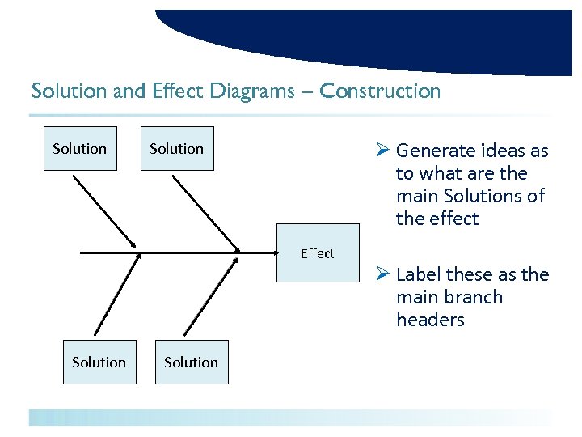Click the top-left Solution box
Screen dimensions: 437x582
pyautogui.click(x=79, y=149)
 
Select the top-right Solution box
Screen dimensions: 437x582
pyautogui.click(x=176, y=149)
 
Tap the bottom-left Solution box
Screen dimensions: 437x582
pyautogui.click(x=99, y=363)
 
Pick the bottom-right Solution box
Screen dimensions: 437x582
pyautogui.click(x=192, y=363)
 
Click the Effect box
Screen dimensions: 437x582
pyautogui.click(x=317, y=253)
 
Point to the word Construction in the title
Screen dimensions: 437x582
pyautogui.click(x=380, y=91)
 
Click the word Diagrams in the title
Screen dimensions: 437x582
pyautogui.click(x=252, y=91)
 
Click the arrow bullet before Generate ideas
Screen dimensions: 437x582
pyautogui.click(x=383, y=151)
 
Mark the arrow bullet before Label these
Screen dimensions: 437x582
pyautogui.click(x=383, y=274)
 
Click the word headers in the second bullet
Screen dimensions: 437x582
pyautogui.click(x=430, y=320)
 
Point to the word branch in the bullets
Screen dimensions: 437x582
pyautogui.click(x=473, y=297)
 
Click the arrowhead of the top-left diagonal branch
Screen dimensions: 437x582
pyautogui.click(x=133, y=245)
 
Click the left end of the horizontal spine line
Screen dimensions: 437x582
pyautogui.click(x=82, y=253)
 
